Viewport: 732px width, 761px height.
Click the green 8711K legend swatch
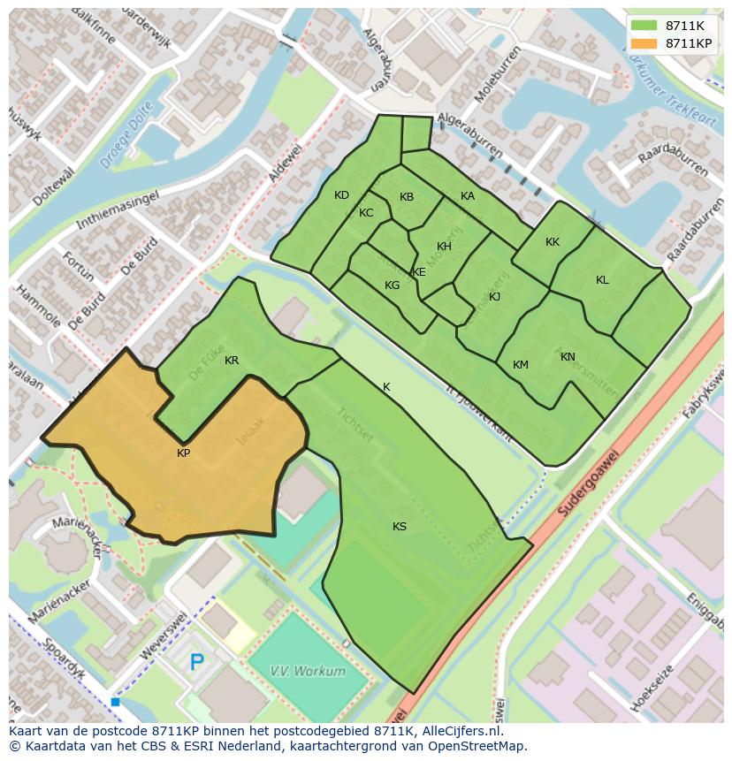pos(644,26)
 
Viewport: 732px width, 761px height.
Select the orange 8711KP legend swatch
pos(644,43)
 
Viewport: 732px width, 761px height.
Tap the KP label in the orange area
pos(184,453)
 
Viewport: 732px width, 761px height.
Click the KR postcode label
pos(232,361)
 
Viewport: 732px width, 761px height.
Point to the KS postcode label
pos(400,527)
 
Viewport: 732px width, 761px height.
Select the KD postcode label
pos(341,195)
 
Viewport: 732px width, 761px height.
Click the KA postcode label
pos(468,196)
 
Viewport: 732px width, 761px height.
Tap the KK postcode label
pos(553,242)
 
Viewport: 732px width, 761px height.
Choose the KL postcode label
pos(602,280)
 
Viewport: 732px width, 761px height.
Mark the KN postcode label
pos(568,357)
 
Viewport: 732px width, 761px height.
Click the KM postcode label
pos(521,365)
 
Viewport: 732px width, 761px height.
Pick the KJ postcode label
pos(495,297)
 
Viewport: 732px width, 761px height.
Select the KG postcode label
pos(392,285)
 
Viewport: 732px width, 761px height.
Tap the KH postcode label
pos(444,247)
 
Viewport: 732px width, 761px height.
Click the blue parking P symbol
pos(197,661)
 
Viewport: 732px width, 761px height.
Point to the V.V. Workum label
pos(308,671)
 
